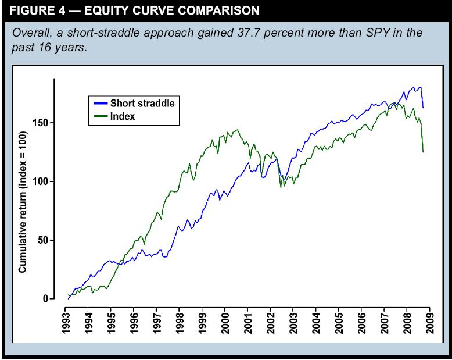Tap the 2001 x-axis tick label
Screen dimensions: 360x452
coord(248,320)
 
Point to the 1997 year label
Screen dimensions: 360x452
coord(157,320)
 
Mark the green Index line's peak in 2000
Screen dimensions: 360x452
coord(237,130)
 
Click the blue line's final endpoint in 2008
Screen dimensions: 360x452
coord(423,108)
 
